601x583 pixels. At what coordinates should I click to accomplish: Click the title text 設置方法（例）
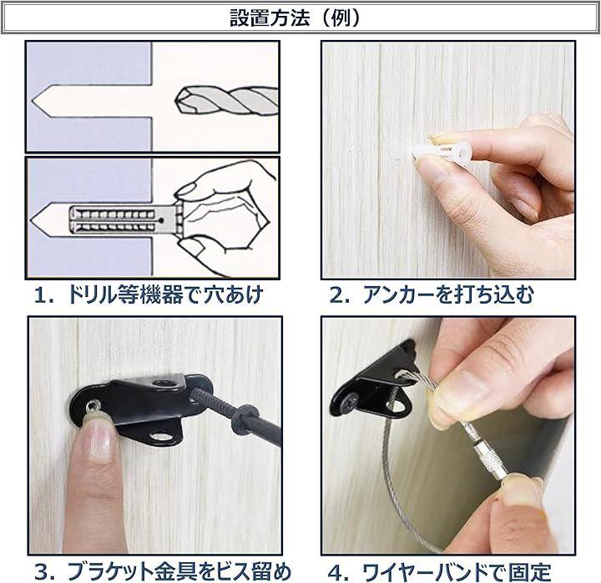pyautogui.click(x=295, y=18)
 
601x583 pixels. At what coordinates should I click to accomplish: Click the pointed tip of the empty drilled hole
pyautogui.click(x=32, y=102)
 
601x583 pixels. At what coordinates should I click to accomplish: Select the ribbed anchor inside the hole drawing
pyautogui.click(x=123, y=220)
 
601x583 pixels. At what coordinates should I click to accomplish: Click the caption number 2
pyautogui.click(x=336, y=295)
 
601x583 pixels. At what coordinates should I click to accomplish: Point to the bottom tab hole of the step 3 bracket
pyautogui.click(x=164, y=436)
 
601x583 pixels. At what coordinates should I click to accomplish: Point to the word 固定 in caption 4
pyautogui.click(x=530, y=572)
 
